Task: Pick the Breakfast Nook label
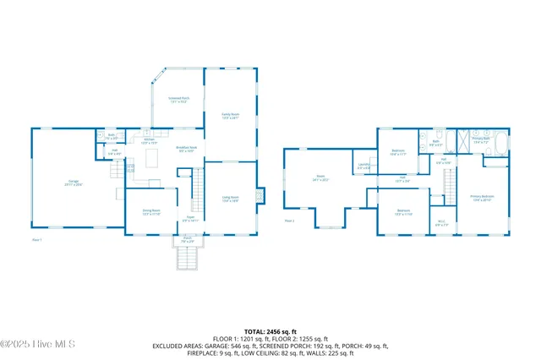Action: tap(186, 150)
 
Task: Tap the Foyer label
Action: tap(191, 219)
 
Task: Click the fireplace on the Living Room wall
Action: tap(260, 195)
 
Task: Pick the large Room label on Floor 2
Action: tap(320, 178)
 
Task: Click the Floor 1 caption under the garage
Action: tap(36, 240)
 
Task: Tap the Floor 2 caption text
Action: tap(289, 221)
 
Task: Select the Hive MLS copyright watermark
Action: tap(38, 344)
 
